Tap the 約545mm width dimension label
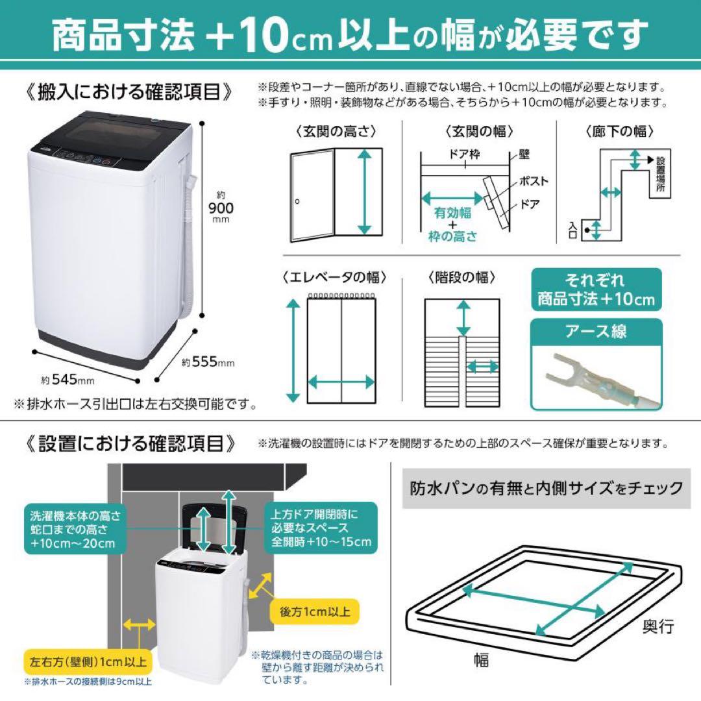tap(67, 379)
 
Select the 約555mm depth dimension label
tap(208, 362)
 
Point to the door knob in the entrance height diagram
tap(297, 202)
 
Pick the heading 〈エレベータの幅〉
tap(335, 277)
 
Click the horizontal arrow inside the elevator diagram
tap(341, 381)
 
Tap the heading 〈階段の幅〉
tap(462, 277)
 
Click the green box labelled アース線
tap(596, 331)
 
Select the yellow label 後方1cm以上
tap(316, 611)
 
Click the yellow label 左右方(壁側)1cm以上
tap(88, 662)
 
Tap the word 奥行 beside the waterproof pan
tap(658, 626)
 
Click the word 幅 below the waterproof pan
tap(481, 661)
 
